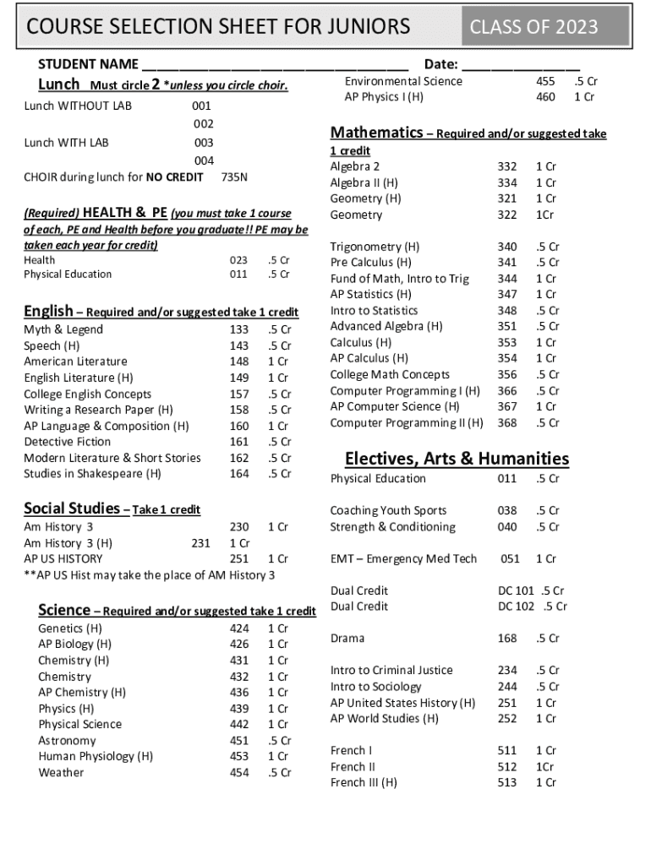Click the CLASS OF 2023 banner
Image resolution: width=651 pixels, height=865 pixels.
click(533, 27)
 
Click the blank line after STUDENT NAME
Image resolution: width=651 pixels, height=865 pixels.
click(275, 66)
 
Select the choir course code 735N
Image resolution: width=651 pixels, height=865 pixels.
click(234, 177)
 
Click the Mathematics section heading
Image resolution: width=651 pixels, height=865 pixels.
click(376, 133)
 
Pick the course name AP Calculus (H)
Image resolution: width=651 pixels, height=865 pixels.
click(369, 358)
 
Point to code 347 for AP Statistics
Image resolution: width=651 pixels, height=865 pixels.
click(507, 294)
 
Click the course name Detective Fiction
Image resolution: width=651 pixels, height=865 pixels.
click(67, 442)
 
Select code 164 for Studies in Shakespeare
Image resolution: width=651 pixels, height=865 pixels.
click(239, 474)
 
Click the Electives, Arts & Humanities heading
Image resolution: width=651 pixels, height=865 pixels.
click(457, 459)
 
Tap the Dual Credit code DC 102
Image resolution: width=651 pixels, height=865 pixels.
click(517, 607)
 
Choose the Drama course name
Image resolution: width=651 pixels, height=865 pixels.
click(347, 639)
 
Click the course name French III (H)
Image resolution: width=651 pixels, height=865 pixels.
click(364, 782)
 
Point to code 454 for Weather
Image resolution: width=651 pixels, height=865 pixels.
click(239, 772)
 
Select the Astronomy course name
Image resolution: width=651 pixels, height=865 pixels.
click(67, 741)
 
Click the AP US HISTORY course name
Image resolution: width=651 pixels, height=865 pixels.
click(63, 558)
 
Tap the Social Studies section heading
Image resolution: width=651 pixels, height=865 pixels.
click(72, 509)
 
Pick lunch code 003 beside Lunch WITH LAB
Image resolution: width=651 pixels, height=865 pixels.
click(204, 143)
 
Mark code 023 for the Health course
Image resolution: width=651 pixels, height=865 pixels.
click(238, 260)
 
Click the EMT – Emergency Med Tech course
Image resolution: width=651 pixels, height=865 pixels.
click(403, 558)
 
